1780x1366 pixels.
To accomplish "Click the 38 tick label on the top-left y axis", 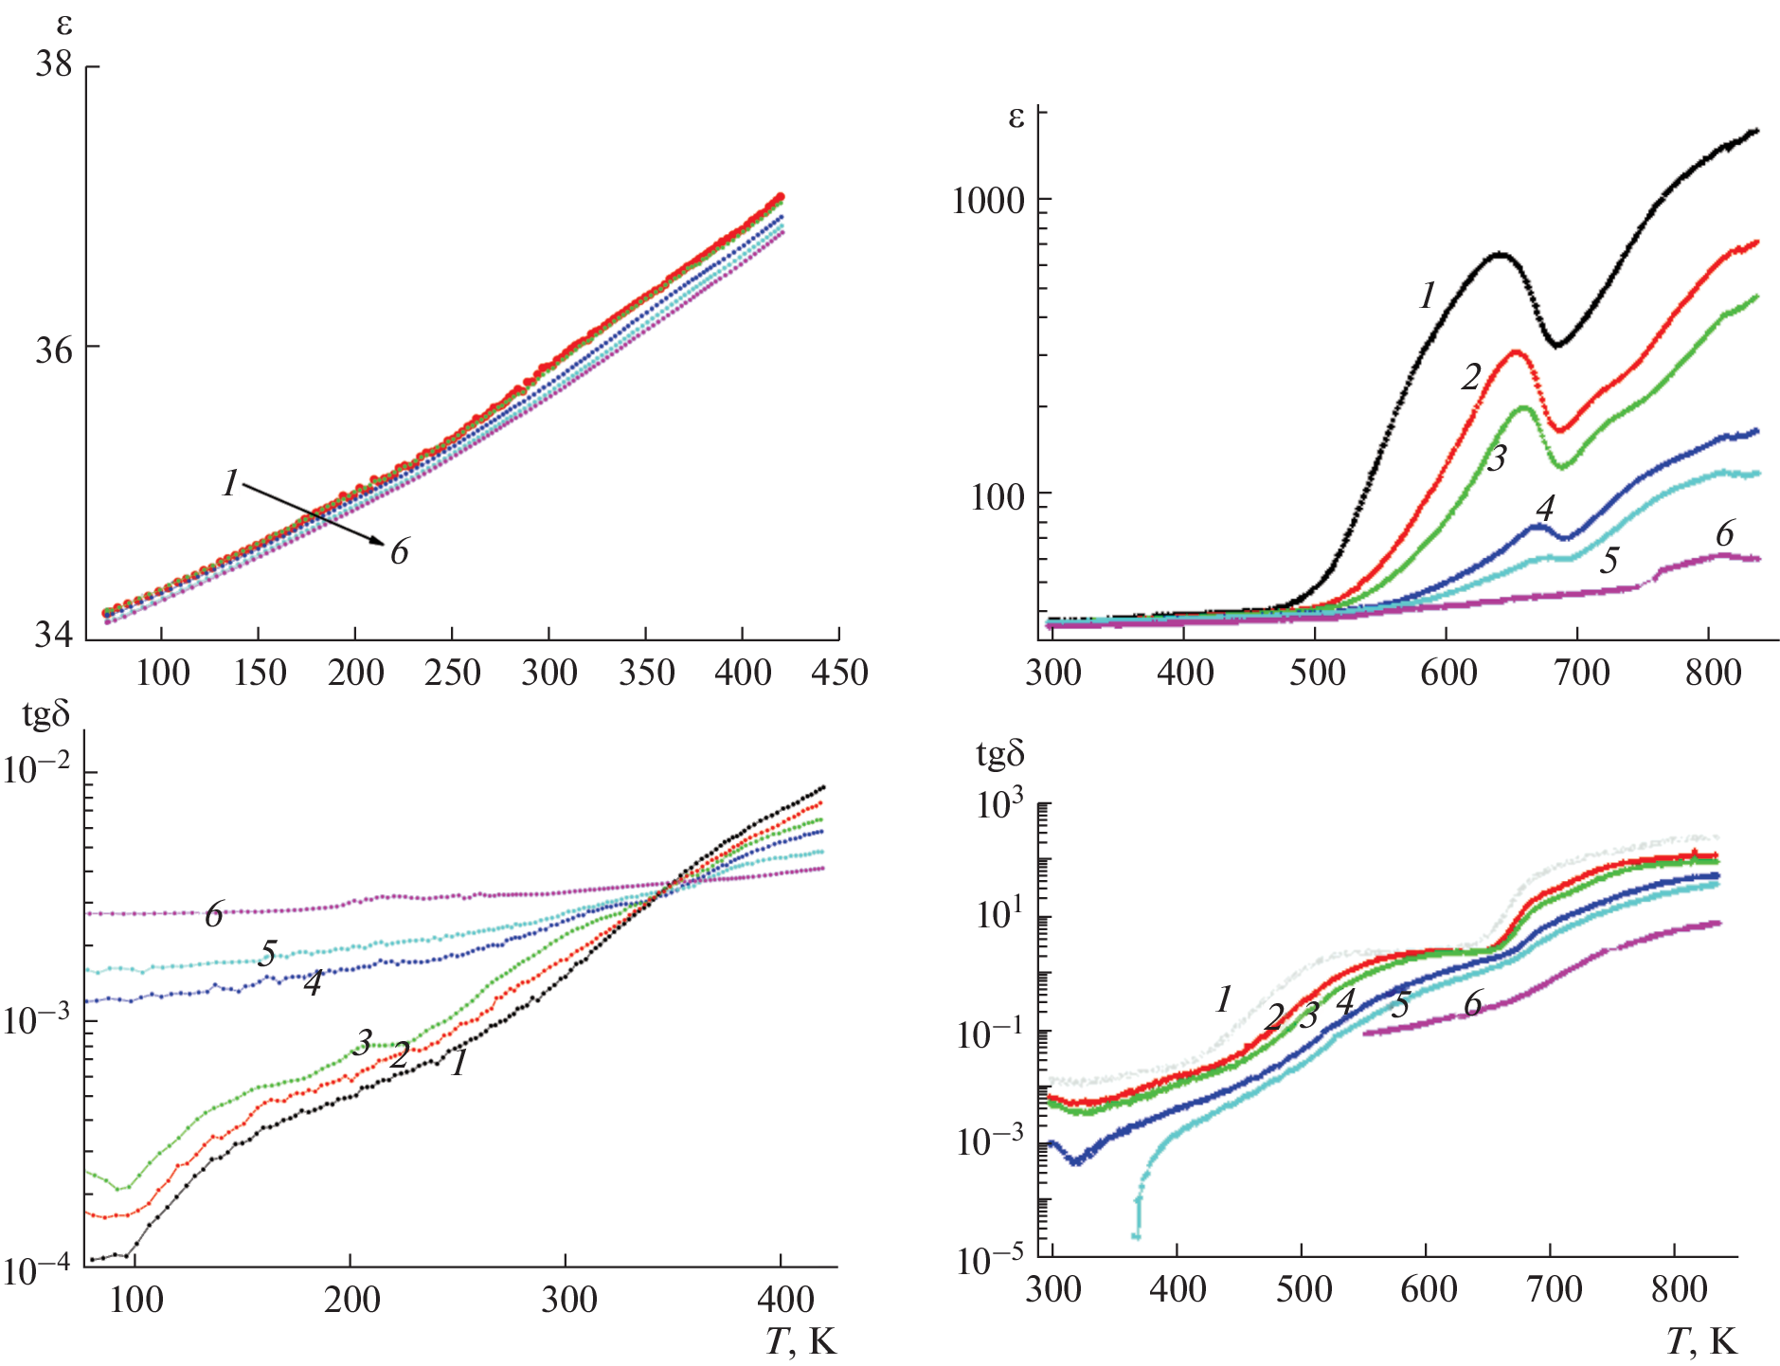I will click(x=54, y=64).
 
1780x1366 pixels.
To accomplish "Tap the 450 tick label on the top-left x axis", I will click(x=839, y=673).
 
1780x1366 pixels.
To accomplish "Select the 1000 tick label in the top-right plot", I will click(x=988, y=201).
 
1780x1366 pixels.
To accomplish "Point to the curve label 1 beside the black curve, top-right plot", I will click(x=1428, y=297).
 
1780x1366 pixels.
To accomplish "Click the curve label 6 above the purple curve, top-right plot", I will click(x=1724, y=534).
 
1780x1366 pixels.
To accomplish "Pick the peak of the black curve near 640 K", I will click(x=1500, y=254).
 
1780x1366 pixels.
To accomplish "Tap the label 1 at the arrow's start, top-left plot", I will click(x=230, y=484).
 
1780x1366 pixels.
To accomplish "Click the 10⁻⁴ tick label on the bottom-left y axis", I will click(x=37, y=1270).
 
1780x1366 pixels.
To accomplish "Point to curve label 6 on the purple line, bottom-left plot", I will click(x=214, y=915).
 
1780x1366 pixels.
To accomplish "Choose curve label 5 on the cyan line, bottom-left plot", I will click(x=268, y=954).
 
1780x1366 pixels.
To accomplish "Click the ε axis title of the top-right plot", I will click(x=1016, y=117).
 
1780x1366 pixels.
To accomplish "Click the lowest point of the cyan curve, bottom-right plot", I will click(x=1136, y=1236).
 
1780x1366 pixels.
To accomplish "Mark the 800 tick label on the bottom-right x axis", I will click(x=1679, y=1289).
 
